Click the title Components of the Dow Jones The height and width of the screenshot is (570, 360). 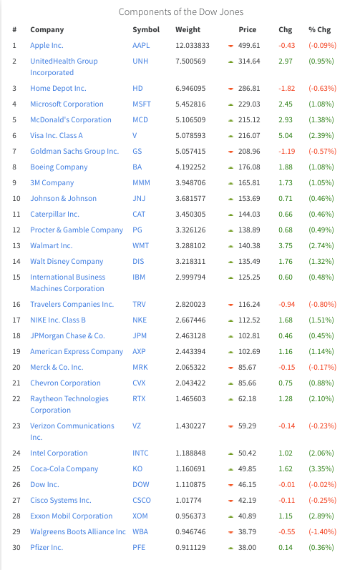(181, 12)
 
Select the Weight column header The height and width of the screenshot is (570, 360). (188, 30)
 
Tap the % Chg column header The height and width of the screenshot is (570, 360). (320, 30)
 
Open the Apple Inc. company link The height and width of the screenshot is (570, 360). (47, 46)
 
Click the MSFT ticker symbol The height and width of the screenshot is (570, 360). (142, 104)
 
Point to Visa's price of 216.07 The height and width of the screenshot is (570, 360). (249, 136)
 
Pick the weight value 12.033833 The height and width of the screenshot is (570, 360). (193, 46)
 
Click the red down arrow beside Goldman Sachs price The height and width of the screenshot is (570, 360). (230, 152)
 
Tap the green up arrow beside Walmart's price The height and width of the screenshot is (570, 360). (230, 246)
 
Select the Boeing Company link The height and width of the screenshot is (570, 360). (59, 167)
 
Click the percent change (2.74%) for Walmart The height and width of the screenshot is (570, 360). (321, 246)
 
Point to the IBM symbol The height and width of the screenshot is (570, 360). (139, 277)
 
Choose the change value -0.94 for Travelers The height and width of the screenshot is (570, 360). (286, 304)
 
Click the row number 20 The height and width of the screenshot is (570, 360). (16, 367)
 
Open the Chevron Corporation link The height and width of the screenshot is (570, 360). (65, 383)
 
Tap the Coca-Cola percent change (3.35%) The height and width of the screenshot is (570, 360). (321, 469)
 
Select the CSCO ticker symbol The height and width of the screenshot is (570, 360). (142, 500)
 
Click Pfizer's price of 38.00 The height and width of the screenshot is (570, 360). (247, 547)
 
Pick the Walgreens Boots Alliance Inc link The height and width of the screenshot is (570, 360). (78, 532)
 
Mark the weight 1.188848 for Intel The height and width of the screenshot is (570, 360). (190, 453)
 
